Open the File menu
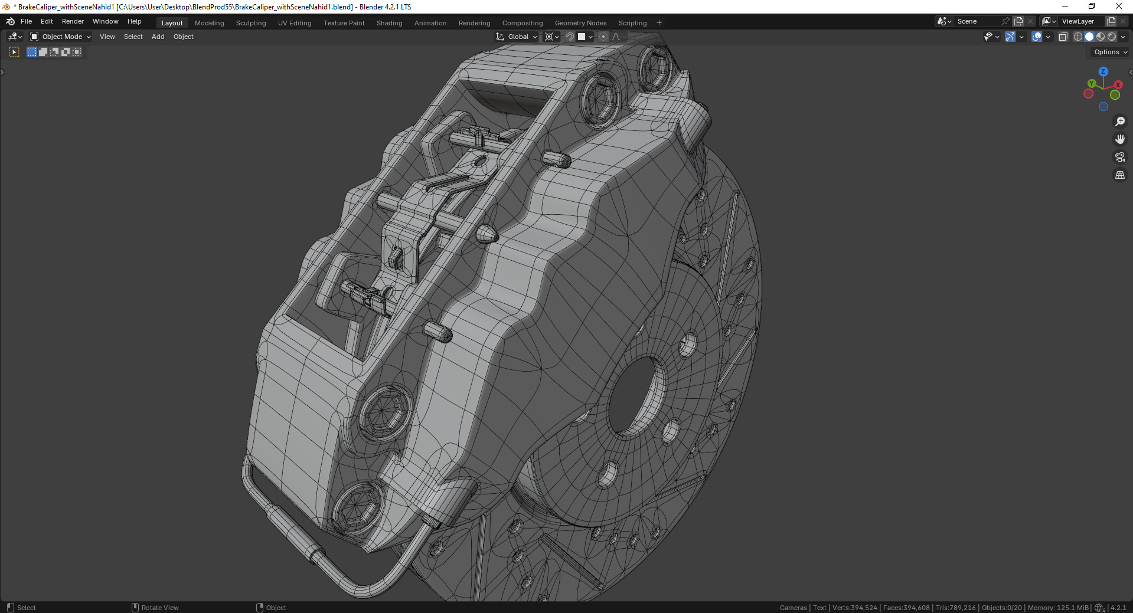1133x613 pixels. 26,21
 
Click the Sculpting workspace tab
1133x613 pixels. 251,23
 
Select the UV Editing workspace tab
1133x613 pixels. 295,23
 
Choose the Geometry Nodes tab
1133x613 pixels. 580,23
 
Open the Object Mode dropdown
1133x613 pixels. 61,37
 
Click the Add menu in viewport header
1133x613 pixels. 158,37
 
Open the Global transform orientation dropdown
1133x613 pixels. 518,37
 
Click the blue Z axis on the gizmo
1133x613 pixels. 1103,71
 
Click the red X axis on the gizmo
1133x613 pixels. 1118,85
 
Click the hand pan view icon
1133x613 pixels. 1119,139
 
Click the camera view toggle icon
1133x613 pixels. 1119,157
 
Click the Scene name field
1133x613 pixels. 977,21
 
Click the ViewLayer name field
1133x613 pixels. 1080,21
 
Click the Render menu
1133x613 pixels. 73,21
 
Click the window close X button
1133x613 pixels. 1118,6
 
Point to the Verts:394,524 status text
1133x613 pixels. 854,608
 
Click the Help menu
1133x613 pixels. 134,21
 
